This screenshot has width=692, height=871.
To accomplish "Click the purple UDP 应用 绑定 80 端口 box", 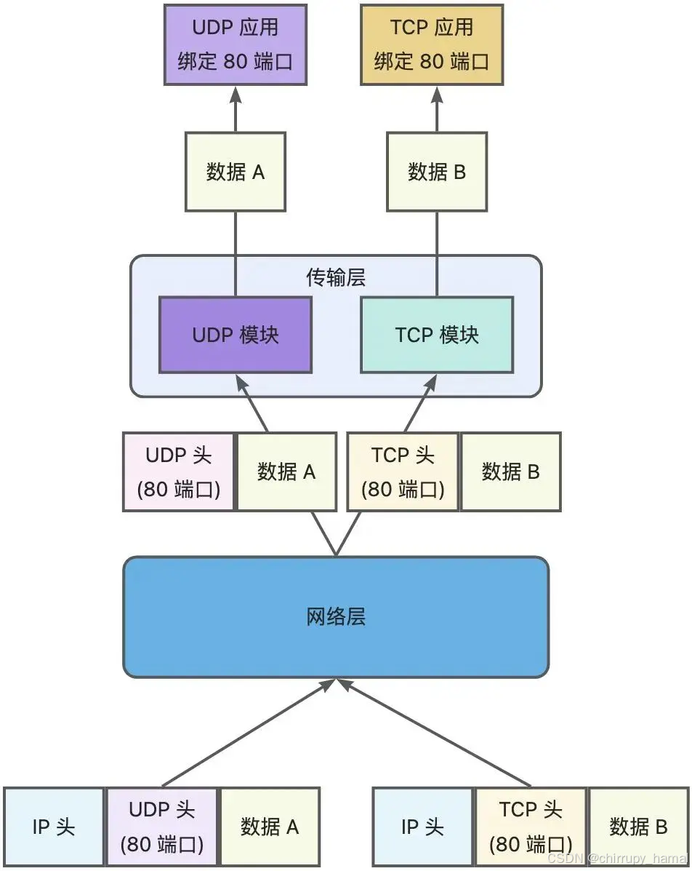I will click(235, 44).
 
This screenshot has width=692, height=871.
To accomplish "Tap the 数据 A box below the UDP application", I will click(235, 172).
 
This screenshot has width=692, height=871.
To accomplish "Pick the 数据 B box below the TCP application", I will click(436, 172).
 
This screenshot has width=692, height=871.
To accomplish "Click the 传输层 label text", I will click(335, 277).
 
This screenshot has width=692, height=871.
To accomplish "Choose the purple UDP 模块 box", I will click(235, 335).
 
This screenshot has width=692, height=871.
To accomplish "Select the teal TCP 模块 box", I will click(436, 335).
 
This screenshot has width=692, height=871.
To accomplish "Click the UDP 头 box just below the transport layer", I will click(179, 472).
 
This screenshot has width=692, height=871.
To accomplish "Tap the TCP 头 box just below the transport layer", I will click(403, 472).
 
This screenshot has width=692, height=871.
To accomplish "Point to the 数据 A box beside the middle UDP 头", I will click(286, 472).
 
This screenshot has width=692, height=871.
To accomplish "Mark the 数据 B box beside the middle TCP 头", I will click(510, 472).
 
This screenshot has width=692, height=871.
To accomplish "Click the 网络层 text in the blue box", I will click(335, 617).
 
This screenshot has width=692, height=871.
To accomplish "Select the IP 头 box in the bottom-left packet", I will click(54, 827).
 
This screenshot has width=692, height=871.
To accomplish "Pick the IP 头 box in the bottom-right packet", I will click(422, 827).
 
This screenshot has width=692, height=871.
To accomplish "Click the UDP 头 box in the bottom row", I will click(161, 827).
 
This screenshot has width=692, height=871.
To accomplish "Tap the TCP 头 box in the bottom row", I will click(531, 827).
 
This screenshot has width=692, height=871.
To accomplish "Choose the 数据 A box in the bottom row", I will click(270, 827).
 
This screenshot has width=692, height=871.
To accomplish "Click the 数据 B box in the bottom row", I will click(638, 827).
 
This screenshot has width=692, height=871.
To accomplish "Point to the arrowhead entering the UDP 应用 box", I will click(235, 94).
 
